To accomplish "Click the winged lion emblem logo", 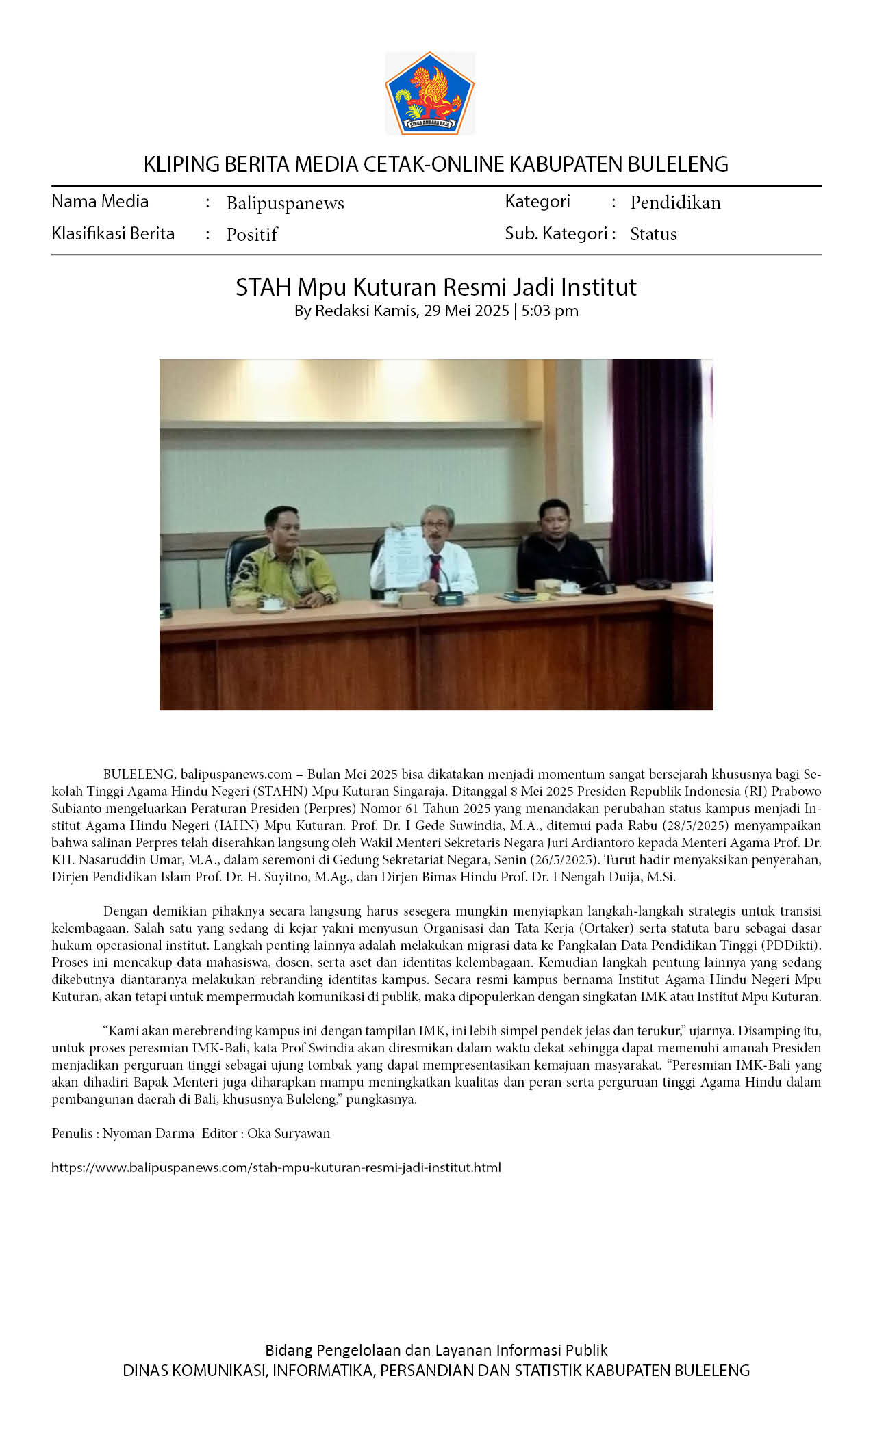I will tap(430, 93).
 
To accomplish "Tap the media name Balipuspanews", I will tap(285, 203).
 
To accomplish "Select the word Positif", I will tap(251, 235).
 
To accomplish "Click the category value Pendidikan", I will tap(675, 203).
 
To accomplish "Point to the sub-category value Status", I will tap(653, 234).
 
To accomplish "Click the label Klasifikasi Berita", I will tap(113, 234).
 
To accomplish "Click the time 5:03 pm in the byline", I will tap(550, 311).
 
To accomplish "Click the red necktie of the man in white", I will tap(435, 569).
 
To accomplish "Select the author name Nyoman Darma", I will tap(149, 1133).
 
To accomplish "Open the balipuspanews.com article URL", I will tap(276, 1167).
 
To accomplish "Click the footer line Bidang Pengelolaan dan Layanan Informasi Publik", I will tap(436, 1350).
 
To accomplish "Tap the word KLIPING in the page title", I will tap(173, 164).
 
